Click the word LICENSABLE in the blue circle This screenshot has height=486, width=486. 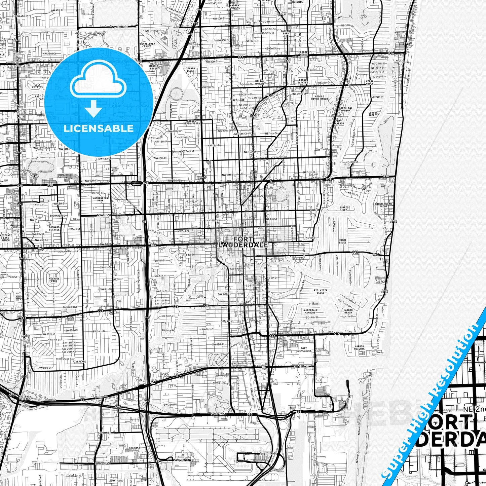(99, 128)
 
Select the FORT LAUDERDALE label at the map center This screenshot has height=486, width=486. (243, 242)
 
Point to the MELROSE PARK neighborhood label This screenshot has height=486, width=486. (54, 279)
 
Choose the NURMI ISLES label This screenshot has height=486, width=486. (342, 241)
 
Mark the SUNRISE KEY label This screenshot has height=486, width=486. (344, 209)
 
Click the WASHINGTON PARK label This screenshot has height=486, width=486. (100, 199)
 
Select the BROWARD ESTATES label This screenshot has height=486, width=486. (54, 228)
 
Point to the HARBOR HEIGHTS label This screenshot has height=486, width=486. (359, 347)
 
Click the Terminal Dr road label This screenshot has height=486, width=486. (268, 453)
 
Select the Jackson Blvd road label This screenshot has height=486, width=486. (70, 307)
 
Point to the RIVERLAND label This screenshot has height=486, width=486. (79, 362)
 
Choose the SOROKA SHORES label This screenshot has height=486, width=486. (373, 114)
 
